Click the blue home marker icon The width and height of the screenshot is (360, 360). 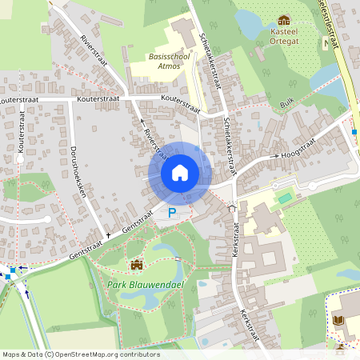[180, 173]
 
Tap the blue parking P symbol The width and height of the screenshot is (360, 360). [172, 213]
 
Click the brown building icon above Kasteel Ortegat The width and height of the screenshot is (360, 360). [282, 20]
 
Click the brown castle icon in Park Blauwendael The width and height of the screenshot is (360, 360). [135, 265]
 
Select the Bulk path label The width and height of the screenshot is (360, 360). [288, 102]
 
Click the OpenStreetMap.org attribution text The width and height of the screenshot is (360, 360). [91, 354]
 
